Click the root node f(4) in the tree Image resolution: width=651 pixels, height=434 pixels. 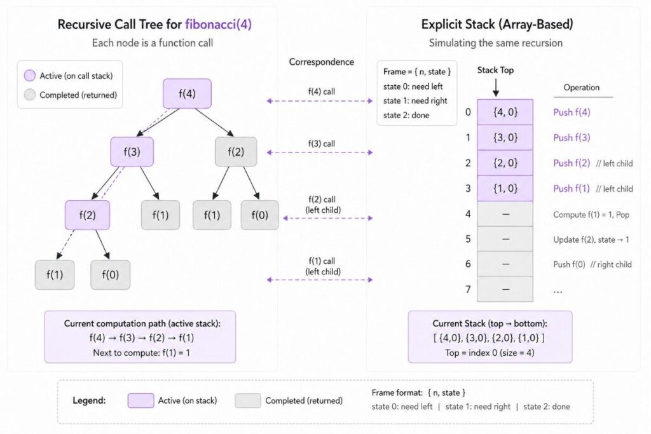[186, 93]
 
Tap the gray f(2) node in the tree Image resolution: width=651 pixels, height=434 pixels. [236, 152]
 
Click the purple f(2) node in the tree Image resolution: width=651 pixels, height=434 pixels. [87, 215]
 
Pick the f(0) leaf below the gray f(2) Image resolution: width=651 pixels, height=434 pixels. [259, 215]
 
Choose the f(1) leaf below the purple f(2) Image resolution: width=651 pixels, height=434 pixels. [55, 275]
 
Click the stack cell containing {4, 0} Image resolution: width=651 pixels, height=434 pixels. [505, 112]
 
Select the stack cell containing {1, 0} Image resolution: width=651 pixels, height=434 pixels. [505, 188]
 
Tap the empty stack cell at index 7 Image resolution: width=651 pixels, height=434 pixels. [505, 289]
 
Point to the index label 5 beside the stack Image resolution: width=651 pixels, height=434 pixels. [468, 239]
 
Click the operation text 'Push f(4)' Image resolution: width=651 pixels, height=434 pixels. [572, 112]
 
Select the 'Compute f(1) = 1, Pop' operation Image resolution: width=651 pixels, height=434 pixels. [591, 214]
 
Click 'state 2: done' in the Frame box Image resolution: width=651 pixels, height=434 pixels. [406, 115]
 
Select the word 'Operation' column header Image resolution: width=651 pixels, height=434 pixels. [581, 88]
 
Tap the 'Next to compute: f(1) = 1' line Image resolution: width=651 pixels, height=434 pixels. [140, 351]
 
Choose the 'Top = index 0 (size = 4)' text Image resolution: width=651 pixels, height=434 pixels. [490, 351]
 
